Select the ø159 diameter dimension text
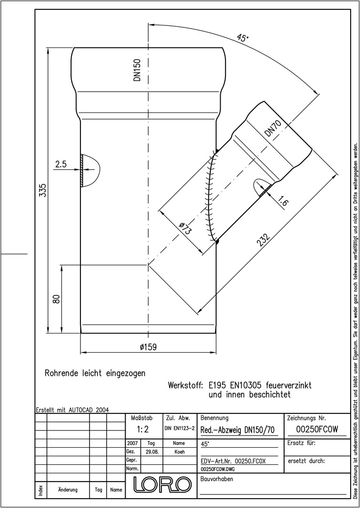pyautogui.click(x=148, y=347)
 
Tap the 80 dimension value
pyautogui.click(x=56, y=299)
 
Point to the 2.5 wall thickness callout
pyautogui.click(x=61, y=164)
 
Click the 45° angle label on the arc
pyautogui.click(x=243, y=38)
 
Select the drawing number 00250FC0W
pyautogui.click(x=317, y=429)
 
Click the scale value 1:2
pyautogui.click(x=143, y=429)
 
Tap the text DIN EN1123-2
pyautogui.click(x=179, y=429)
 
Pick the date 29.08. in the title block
pyautogui.click(x=152, y=452)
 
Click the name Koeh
pyautogui.click(x=179, y=452)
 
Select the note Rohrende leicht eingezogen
pyautogui.click(x=95, y=373)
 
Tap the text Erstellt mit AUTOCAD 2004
pyautogui.click(x=72, y=410)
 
